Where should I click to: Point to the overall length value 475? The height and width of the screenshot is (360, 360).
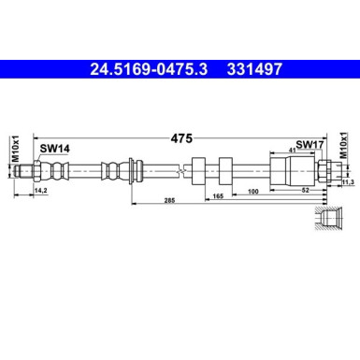pyautogui.click(x=180, y=137)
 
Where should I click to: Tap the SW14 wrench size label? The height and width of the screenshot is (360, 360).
pyautogui.click(x=53, y=148)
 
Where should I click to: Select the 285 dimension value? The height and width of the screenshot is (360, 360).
pyautogui.click(x=169, y=201)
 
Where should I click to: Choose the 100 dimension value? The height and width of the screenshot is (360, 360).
pyautogui.click(x=253, y=191)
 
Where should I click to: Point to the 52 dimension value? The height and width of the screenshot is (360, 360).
pyautogui.click(x=305, y=191)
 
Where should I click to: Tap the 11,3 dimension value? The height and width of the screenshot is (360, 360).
pyautogui.click(x=348, y=183)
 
